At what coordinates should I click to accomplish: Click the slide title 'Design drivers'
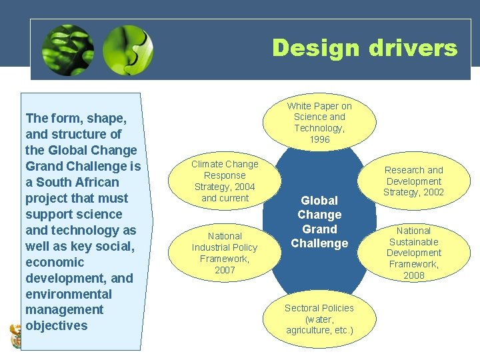coord(364,48)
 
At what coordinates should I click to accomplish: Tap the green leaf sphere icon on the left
coord(67,50)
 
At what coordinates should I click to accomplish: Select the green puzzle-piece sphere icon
coord(128,50)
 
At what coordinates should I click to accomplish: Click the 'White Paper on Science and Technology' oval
coord(319,122)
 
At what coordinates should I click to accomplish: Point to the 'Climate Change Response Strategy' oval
coord(225,181)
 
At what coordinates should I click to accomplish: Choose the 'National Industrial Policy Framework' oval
coord(225,253)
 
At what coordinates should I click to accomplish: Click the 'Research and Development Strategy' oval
coord(413,181)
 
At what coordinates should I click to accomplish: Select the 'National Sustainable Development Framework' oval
coord(413,253)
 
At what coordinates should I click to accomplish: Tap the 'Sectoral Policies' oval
coord(319,319)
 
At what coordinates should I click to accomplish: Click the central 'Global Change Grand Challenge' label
coord(319,221)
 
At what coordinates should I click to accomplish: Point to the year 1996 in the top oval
coord(319,139)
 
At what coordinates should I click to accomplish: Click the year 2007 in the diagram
coord(225,270)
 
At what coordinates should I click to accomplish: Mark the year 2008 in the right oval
coord(413,275)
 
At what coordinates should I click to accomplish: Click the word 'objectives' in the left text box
coord(57,326)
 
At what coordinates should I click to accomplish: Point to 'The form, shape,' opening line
coord(76,118)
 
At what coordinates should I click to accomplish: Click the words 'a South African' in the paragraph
coord(72,182)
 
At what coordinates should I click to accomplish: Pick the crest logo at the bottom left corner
coord(15,335)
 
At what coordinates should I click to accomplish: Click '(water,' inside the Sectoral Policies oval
coord(319,319)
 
